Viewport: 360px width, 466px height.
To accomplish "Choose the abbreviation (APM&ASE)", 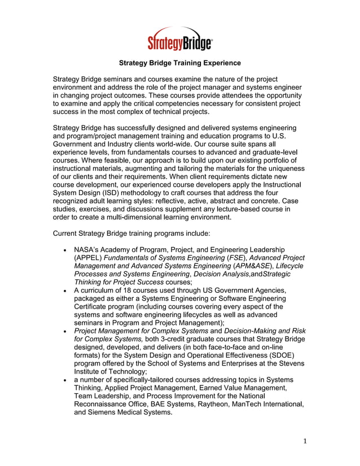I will click(250, 265).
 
